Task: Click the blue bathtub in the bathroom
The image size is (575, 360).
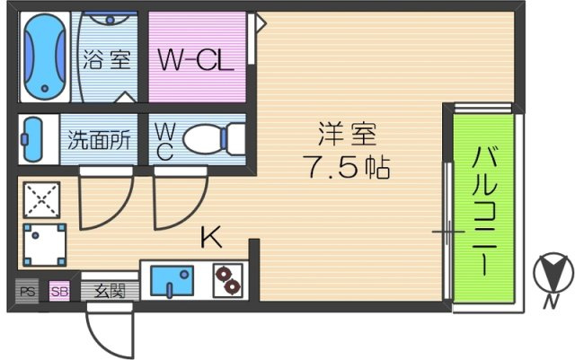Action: (x=45, y=57)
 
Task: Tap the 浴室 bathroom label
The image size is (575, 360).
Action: (x=107, y=59)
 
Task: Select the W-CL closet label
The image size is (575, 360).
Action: (x=196, y=60)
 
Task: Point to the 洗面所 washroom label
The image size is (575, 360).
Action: (x=99, y=140)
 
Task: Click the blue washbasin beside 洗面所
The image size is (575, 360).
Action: (x=32, y=139)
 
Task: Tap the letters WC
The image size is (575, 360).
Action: (x=164, y=141)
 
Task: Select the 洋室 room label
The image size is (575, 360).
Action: (x=347, y=134)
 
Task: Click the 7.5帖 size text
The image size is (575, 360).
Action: (x=346, y=167)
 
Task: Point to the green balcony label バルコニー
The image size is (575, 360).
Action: (x=484, y=211)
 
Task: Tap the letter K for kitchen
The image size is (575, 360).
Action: (x=212, y=237)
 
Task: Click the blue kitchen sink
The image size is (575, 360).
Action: (x=172, y=280)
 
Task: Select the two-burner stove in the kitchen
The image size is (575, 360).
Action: (x=227, y=280)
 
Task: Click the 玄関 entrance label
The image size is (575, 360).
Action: (x=110, y=292)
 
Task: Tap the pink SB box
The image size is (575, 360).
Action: (x=59, y=292)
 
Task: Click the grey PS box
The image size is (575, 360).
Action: (x=27, y=292)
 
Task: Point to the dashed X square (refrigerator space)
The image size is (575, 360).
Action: (x=41, y=200)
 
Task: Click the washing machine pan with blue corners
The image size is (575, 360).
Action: (x=45, y=244)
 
